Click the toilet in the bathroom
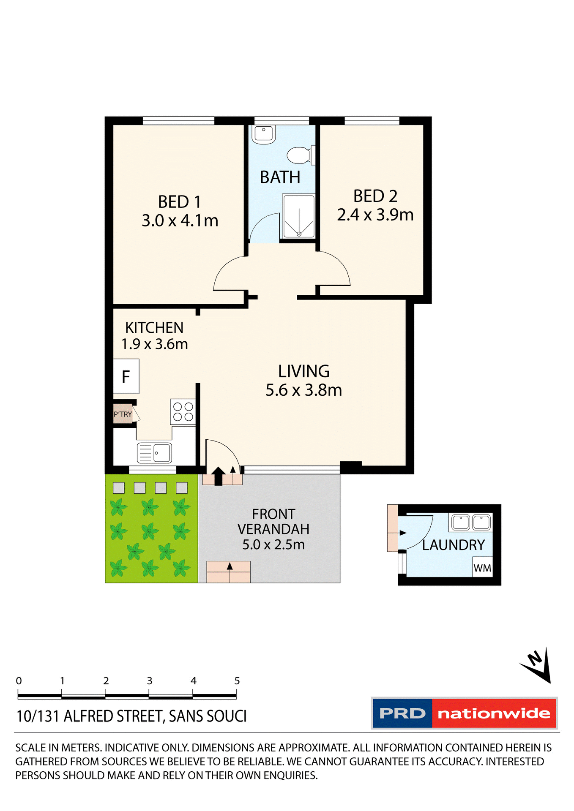pos(300,155)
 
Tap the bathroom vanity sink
pos(264,134)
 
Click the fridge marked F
pos(126,376)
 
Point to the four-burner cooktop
pos(183,412)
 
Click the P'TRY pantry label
pos(123,414)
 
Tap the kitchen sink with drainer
pos(154,453)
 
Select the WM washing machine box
pos(482,568)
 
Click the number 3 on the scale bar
pos(150,681)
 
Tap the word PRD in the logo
pos(402,713)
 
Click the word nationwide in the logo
pos(494,713)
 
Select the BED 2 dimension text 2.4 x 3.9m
pos(375,215)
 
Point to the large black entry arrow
pos(218,476)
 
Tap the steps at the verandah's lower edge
pos(228,572)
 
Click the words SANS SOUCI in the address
pos(208,716)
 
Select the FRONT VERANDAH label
pos(273,522)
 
